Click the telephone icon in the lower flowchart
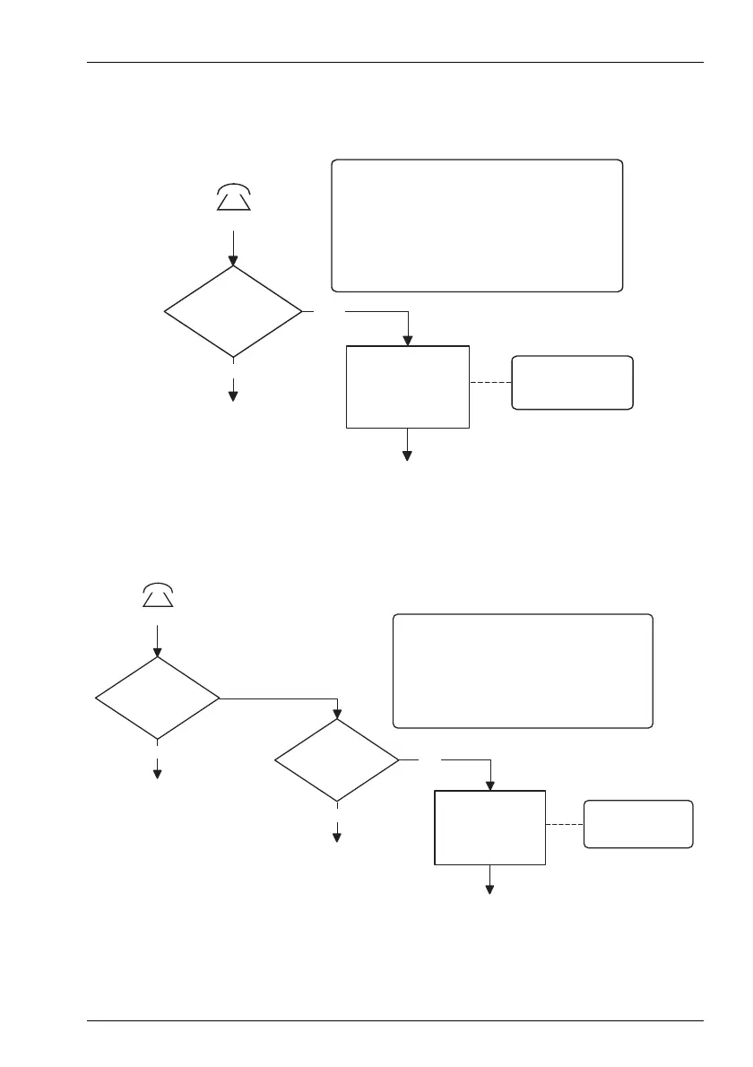[x=158, y=594]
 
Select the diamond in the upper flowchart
[x=233, y=312]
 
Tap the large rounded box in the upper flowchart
[x=477, y=226]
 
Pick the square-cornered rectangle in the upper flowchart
[x=408, y=386]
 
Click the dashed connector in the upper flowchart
[x=490, y=383]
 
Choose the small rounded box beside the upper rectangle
[x=572, y=383]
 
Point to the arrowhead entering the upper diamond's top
[x=234, y=260]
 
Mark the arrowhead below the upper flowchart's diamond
[x=234, y=395]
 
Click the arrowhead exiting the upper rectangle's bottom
[x=408, y=455]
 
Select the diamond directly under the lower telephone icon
[x=158, y=698]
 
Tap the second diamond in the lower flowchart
[x=337, y=760]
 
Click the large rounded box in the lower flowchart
[x=523, y=671]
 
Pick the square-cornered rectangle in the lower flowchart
[x=489, y=828]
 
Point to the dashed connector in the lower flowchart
[x=565, y=824]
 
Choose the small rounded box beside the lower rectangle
[x=638, y=824]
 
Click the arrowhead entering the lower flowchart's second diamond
[x=337, y=715]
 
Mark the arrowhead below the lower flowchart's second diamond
[x=337, y=837]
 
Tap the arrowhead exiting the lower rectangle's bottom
[x=490, y=889]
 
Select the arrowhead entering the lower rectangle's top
[x=490, y=785]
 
